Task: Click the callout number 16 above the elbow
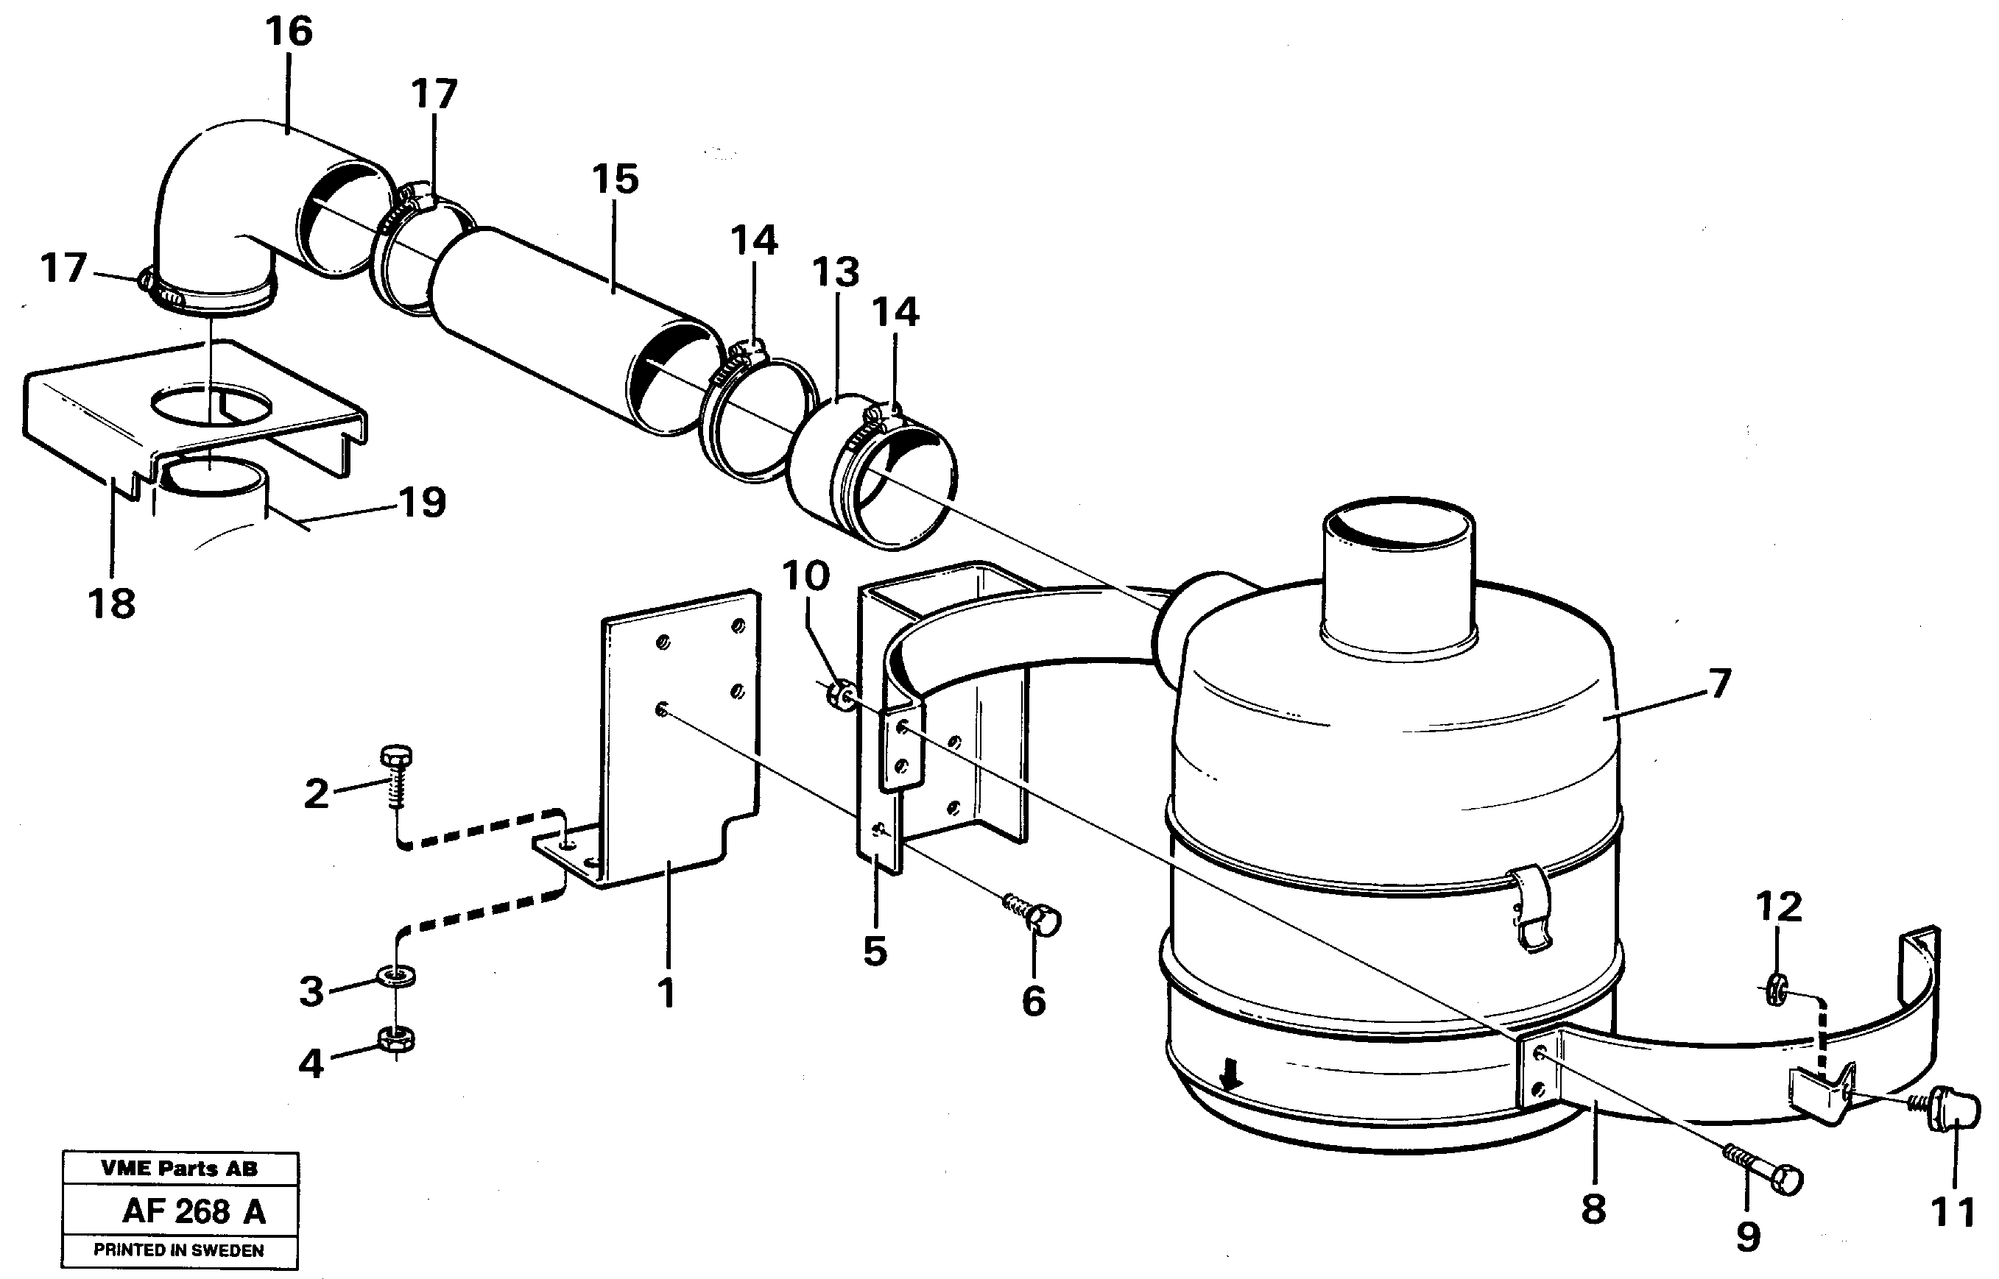click(289, 32)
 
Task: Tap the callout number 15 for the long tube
click(615, 180)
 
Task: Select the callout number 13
click(835, 272)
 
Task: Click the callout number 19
click(422, 503)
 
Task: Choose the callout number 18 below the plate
click(111, 603)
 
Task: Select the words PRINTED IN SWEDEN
click(179, 1250)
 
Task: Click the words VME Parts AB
click(179, 1169)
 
